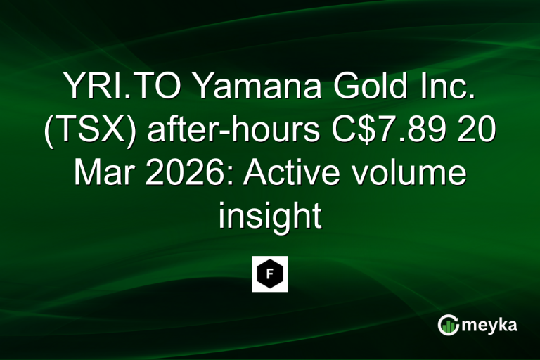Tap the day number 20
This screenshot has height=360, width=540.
[x=467, y=130]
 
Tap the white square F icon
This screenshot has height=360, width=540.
[x=270, y=274]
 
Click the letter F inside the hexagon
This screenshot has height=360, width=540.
[x=270, y=274]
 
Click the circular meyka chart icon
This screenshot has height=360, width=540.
[x=448, y=325]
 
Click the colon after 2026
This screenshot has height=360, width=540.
[x=226, y=174]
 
